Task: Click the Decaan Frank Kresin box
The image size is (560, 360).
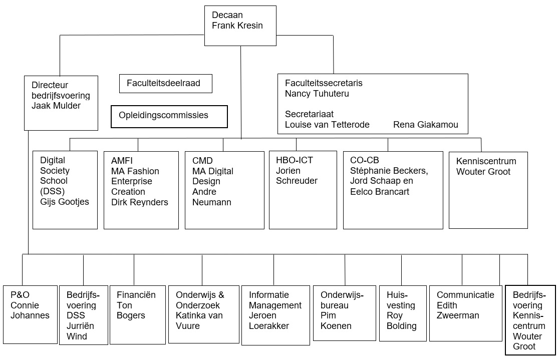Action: point(240,26)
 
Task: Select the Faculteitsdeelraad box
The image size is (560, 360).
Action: point(166,84)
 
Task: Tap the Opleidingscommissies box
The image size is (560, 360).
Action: point(169,117)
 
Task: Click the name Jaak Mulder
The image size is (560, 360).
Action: point(56,106)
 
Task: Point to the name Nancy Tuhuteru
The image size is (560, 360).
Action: point(317,94)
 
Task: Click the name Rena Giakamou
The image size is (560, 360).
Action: point(426,125)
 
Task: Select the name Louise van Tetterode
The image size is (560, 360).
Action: point(327,125)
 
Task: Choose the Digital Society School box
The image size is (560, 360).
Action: point(65,190)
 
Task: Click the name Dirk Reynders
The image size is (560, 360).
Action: point(140,202)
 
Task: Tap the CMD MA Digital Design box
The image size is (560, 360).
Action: point(224,190)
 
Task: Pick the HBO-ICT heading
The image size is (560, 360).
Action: point(295,160)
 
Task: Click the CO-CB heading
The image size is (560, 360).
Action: point(364,160)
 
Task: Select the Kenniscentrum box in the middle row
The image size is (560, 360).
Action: point(488,190)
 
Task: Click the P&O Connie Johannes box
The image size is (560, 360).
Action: point(31,314)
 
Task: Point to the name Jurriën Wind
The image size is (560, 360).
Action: point(80,331)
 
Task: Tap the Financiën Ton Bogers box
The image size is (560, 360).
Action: point(138,314)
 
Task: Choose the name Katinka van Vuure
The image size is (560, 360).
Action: point(199,321)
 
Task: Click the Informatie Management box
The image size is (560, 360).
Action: point(275,315)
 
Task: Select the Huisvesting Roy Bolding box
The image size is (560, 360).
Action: point(403,313)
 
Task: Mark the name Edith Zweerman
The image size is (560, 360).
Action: point(458,310)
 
